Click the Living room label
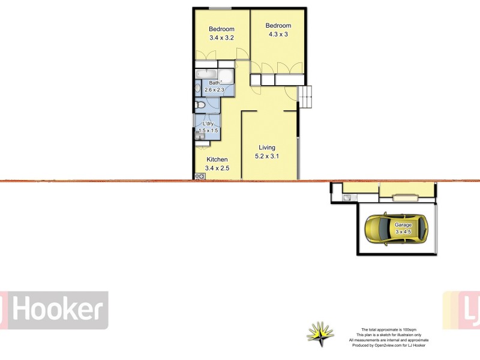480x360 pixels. tap(267, 148)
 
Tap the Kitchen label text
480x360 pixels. tap(217, 160)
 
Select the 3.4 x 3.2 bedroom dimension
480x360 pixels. tap(221, 38)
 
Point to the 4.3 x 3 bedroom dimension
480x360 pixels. tap(278, 34)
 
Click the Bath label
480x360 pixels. tap(214, 83)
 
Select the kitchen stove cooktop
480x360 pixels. tap(199, 176)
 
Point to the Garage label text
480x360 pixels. tap(403, 225)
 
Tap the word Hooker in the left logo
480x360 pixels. tap(56, 310)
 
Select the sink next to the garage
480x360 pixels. tap(347, 197)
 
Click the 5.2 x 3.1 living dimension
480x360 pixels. tap(268, 157)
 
